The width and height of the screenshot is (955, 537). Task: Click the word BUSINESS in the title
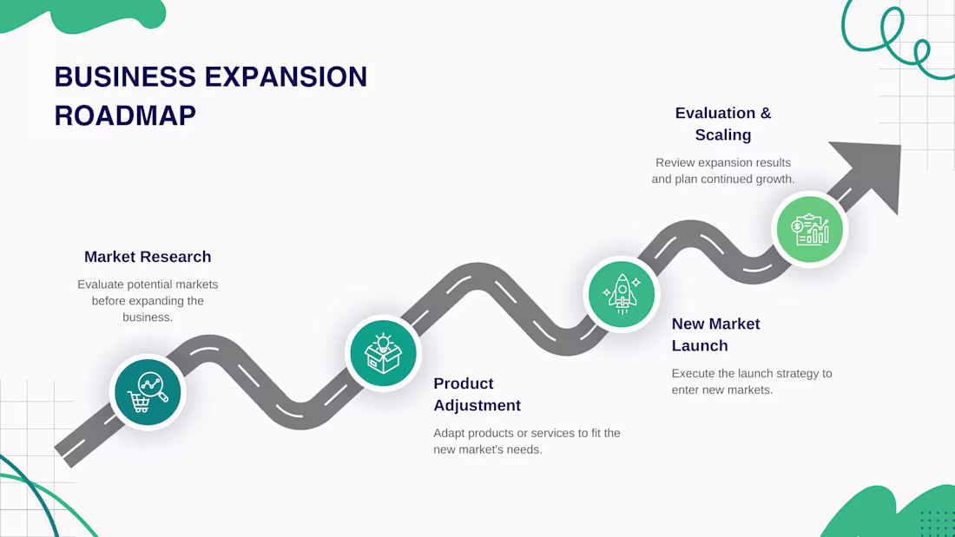click(x=126, y=77)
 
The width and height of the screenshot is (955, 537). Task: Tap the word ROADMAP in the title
click(x=126, y=115)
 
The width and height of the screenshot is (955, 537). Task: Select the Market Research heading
click(x=148, y=257)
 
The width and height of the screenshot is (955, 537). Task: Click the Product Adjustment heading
click(x=477, y=395)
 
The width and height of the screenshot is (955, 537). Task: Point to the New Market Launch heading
click(x=715, y=335)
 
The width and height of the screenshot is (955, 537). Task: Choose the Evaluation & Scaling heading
click(x=723, y=124)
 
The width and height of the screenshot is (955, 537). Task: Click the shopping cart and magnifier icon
click(x=148, y=392)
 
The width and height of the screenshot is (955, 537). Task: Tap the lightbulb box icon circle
click(x=383, y=353)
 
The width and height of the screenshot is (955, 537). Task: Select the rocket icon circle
click(x=622, y=294)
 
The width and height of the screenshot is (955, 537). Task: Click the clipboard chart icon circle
click(x=809, y=229)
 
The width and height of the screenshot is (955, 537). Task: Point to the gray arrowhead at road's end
click(x=873, y=173)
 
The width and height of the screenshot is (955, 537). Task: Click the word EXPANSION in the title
click(x=286, y=77)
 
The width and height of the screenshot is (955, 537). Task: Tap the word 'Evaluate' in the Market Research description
click(x=100, y=285)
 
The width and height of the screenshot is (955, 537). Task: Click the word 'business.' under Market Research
click(x=148, y=318)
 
